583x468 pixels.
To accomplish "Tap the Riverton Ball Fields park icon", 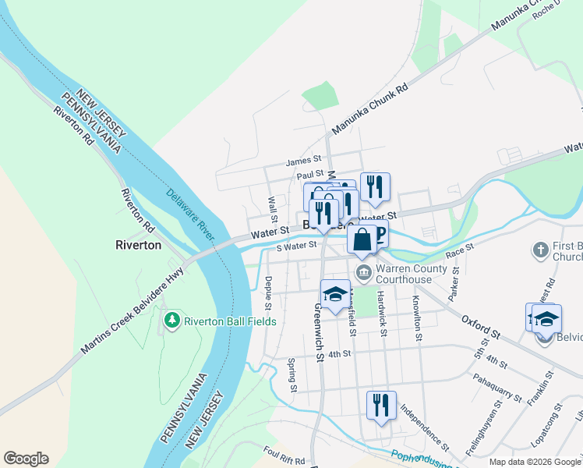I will tap(171, 320).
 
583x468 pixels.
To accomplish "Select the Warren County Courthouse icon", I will tap(363, 273).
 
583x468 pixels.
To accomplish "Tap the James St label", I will tap(299, 161).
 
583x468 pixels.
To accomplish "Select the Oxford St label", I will tap(479, 328).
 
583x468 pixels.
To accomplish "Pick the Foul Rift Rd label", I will tap(284, 455).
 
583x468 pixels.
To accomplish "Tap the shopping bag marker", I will tap(362, 239).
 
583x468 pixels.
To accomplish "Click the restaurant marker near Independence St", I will tap(381, 406).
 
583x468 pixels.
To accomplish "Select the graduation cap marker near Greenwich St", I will tap(335, 295).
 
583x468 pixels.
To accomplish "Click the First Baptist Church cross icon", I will tap(540, 250).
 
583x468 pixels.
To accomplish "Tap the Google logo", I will tap(26, 459).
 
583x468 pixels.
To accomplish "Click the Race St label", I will tap(460, 250).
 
